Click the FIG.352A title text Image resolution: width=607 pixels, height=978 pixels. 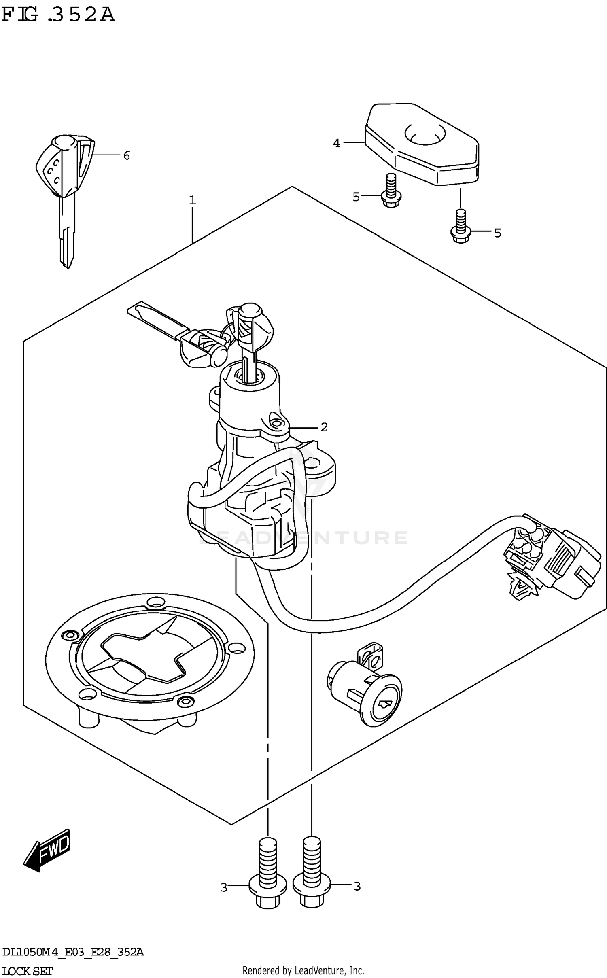coord(58,15)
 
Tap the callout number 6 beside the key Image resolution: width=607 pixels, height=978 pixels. coord(127,155)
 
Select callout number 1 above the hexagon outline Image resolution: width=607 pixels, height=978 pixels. coord(193,200)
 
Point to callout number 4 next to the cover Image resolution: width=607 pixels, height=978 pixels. coord(337,143)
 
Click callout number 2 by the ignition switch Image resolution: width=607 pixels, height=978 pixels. coord(324,427)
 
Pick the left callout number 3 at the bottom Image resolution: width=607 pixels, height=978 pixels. coord(224,887)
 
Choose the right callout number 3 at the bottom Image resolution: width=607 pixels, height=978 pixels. coord(357,887)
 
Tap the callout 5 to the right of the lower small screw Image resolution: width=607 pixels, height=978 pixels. coord(497,233)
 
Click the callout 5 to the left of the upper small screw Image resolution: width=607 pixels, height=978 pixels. coord(356,197)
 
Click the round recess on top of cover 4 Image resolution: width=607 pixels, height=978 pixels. coord(425,134)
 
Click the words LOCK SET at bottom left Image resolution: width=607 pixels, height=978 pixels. coord(27,971)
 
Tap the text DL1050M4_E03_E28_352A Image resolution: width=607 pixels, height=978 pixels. coord(73,952)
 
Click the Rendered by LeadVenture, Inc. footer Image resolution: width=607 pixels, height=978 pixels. coord(303,971)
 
